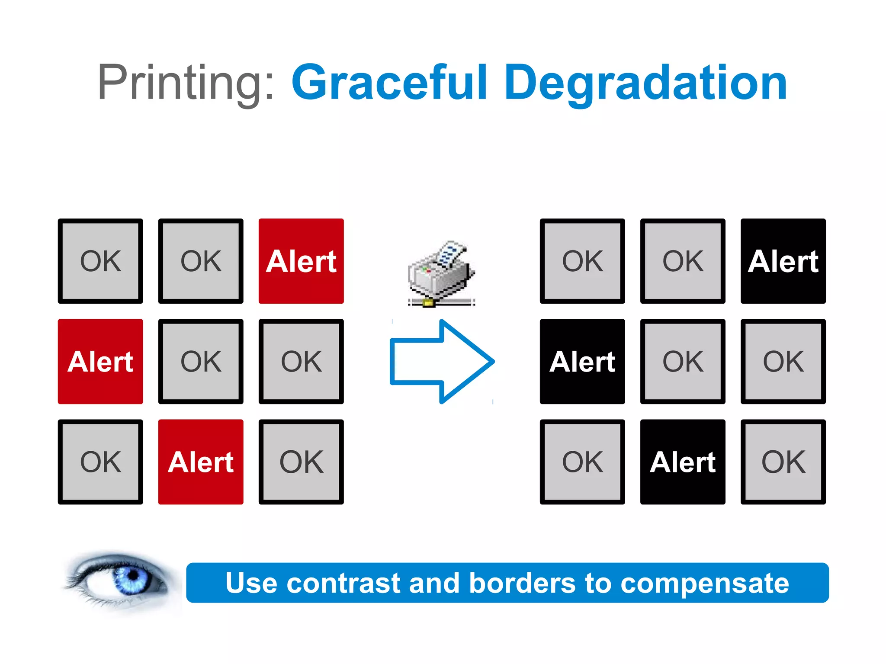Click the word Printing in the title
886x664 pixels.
point(180,83)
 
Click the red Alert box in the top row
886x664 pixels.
point(301,261)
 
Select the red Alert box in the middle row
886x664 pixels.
point(100,361)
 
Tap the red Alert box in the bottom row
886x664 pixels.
point(201,462)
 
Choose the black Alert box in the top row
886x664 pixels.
point(783,261)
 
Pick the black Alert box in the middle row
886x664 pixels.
point(582,361)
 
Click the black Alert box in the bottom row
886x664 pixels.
point(683,462)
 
